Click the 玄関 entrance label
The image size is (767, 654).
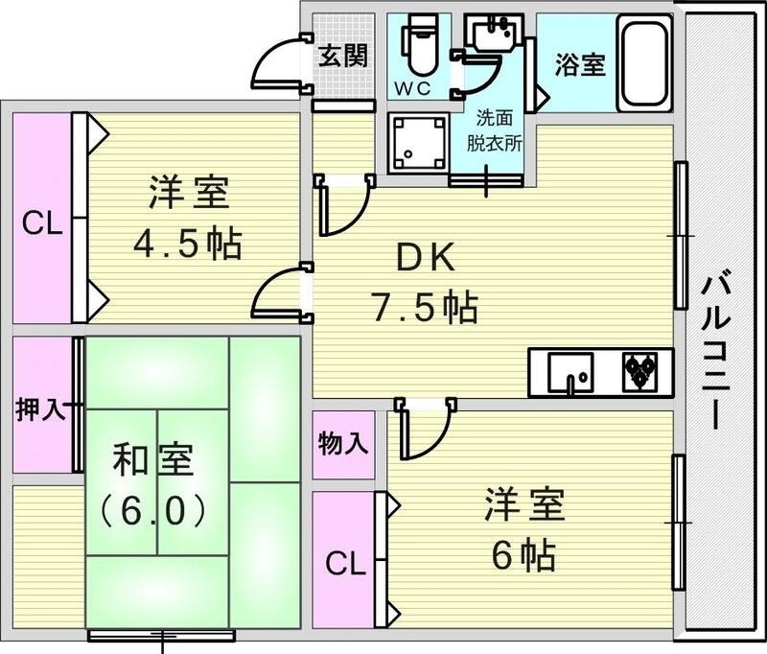342,56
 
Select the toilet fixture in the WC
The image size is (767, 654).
419,48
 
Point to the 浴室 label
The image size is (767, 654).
579,64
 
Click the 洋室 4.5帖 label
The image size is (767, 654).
188,219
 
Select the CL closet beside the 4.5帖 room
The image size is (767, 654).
43,225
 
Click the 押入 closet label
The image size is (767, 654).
40,409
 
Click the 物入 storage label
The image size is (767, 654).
342,444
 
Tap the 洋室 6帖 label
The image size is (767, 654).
523,527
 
